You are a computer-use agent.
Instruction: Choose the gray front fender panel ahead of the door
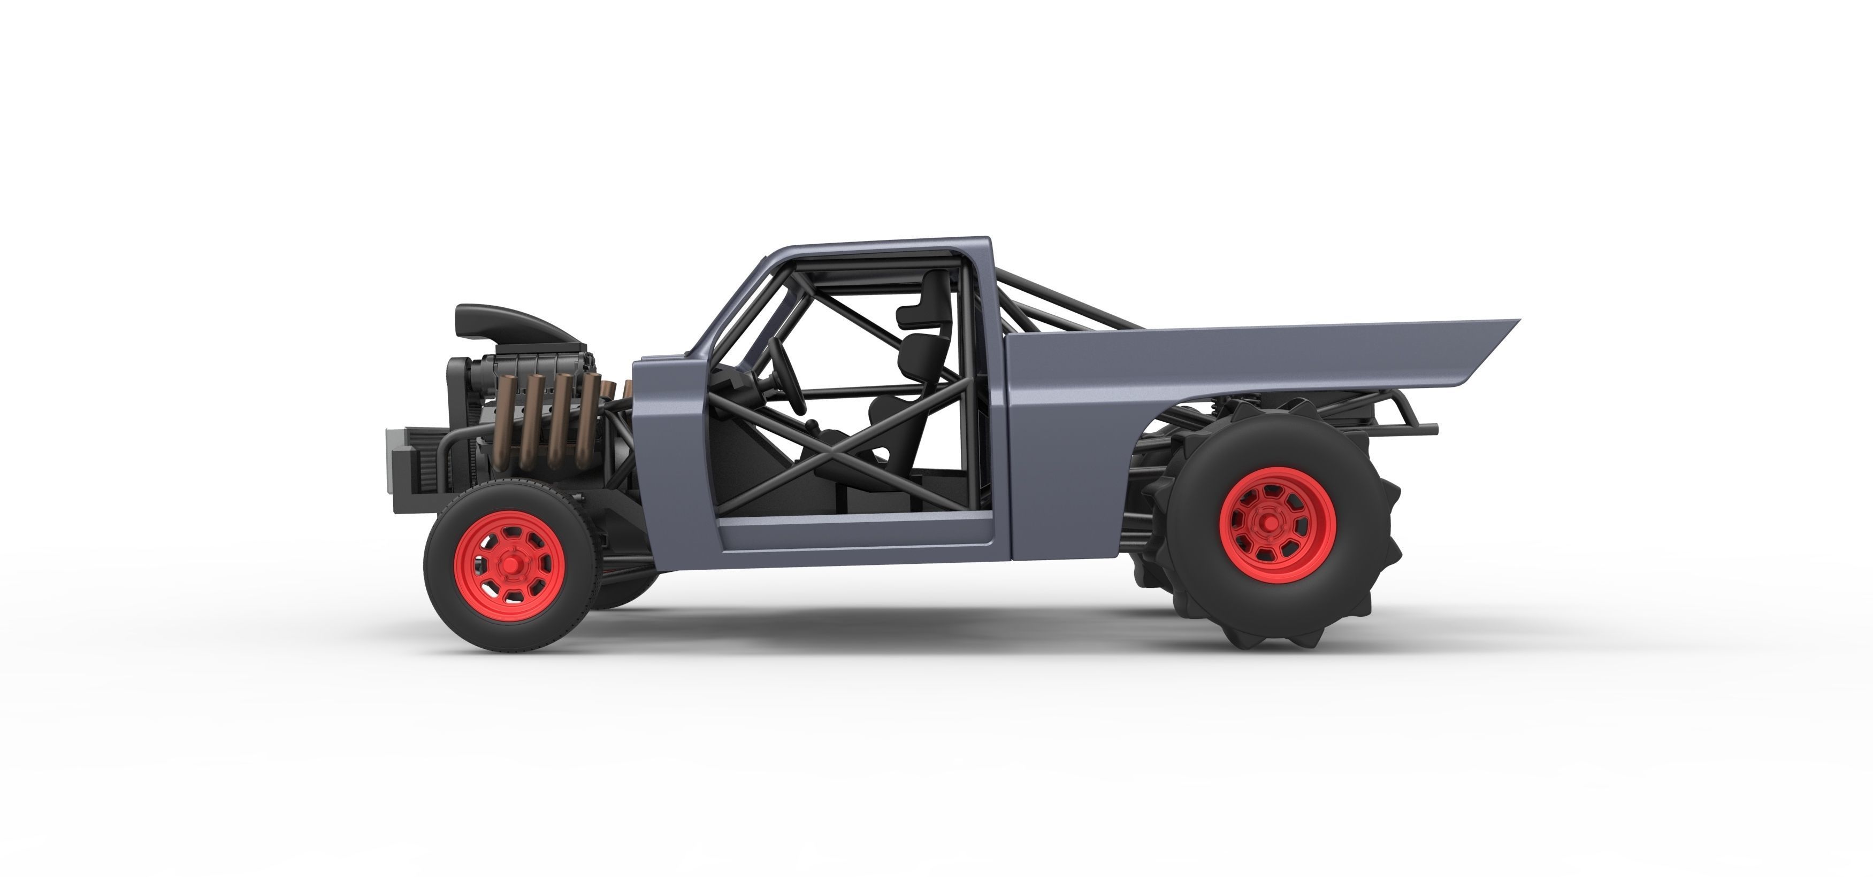pyautogui.click(x=666, y=451)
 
